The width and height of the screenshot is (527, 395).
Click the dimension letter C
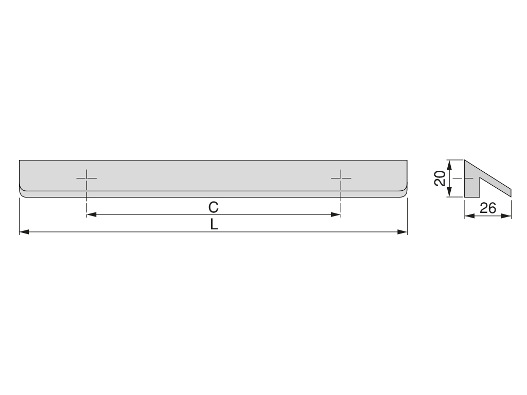[x=214, y=207]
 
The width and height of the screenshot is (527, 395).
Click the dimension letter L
[x=214, y=224]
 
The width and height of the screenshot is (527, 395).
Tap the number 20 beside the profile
[x=440, y=178]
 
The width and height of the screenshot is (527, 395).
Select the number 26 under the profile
[x=488, y=208]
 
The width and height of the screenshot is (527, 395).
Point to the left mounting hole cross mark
[x=86, y=178]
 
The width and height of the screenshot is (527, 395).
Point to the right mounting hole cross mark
[x=341, y=178]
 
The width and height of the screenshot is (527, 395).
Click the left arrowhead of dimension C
[x=92, y=214]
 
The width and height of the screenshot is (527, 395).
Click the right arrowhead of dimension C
[x=336, y=214]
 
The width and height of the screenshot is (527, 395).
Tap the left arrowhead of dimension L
[x=24, y=232]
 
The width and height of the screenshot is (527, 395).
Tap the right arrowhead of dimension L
[x=402, y=232]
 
